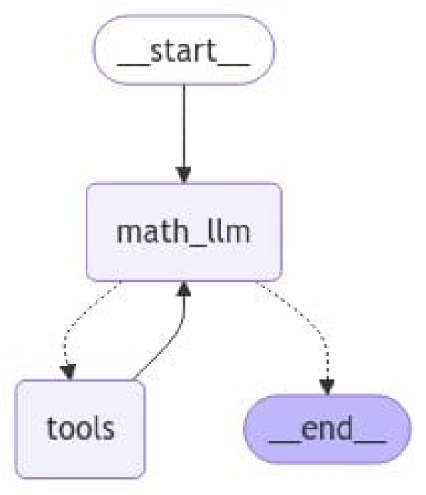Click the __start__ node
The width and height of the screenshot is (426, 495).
(x=183, y=49)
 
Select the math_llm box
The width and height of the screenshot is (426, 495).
(x=183, y=232)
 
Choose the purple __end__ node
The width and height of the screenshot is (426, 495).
(x=327, y=429)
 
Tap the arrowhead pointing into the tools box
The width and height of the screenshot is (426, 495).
(x=69, y=370)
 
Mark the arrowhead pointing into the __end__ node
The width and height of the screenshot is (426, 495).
(x=326, y=385)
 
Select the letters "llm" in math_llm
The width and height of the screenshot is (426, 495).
(x=230, y=232)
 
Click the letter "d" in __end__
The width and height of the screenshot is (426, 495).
(x=345, y=428)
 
